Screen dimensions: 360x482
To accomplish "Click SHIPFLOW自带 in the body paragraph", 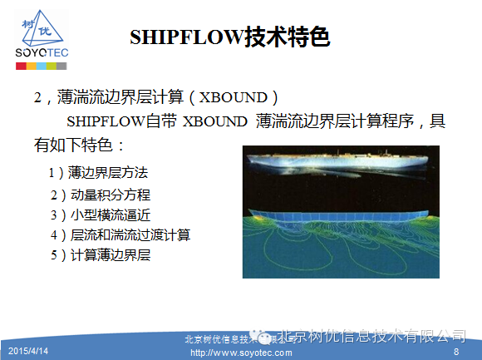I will (x=120, y=121).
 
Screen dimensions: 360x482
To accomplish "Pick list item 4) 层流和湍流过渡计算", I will (x=121, y=235).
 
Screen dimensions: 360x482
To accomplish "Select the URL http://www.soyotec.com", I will (x=241, y=353).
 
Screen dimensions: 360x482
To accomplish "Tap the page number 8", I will (x=455, y=352).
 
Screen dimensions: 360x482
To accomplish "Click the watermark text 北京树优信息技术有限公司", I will (x=369, y=336).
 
